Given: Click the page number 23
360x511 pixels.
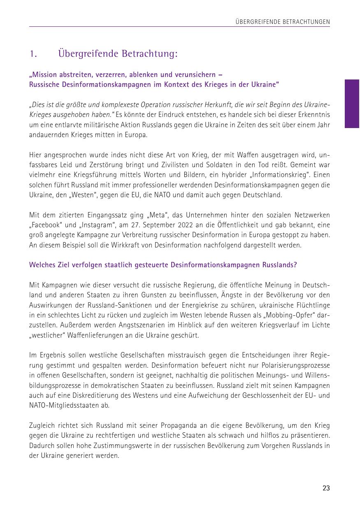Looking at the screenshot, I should (x=326, y=488).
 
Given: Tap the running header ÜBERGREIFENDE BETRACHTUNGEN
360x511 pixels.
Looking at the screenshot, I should (x=283, y=22).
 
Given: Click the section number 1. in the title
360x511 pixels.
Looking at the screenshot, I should (x=34, y=54).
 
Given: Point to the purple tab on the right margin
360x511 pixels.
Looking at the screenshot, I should (x=352, y=104).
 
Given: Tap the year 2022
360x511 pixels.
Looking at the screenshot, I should (x=188, y=225).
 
